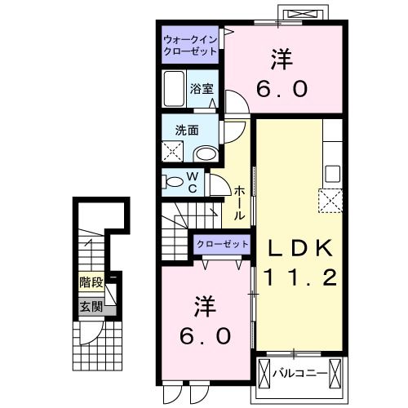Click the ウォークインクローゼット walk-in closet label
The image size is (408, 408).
(x=189, y=44)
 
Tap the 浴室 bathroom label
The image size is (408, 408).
(x=202, y=88)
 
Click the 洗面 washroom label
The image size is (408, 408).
(x=185, y=130)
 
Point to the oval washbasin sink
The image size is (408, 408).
(x=207, y=153)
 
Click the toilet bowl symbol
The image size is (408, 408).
(x=173, y=181)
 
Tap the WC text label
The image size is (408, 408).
(x=193, y=181)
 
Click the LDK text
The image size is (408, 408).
(x=295, y=247)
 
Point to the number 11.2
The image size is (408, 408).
(x=295, y=279)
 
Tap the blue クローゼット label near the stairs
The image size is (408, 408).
(x=222, y=244)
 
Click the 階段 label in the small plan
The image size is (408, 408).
(x=91, y=283)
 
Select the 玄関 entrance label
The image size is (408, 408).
(x=91, y=307)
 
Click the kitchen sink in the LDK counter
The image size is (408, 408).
(x=332, y=173)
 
